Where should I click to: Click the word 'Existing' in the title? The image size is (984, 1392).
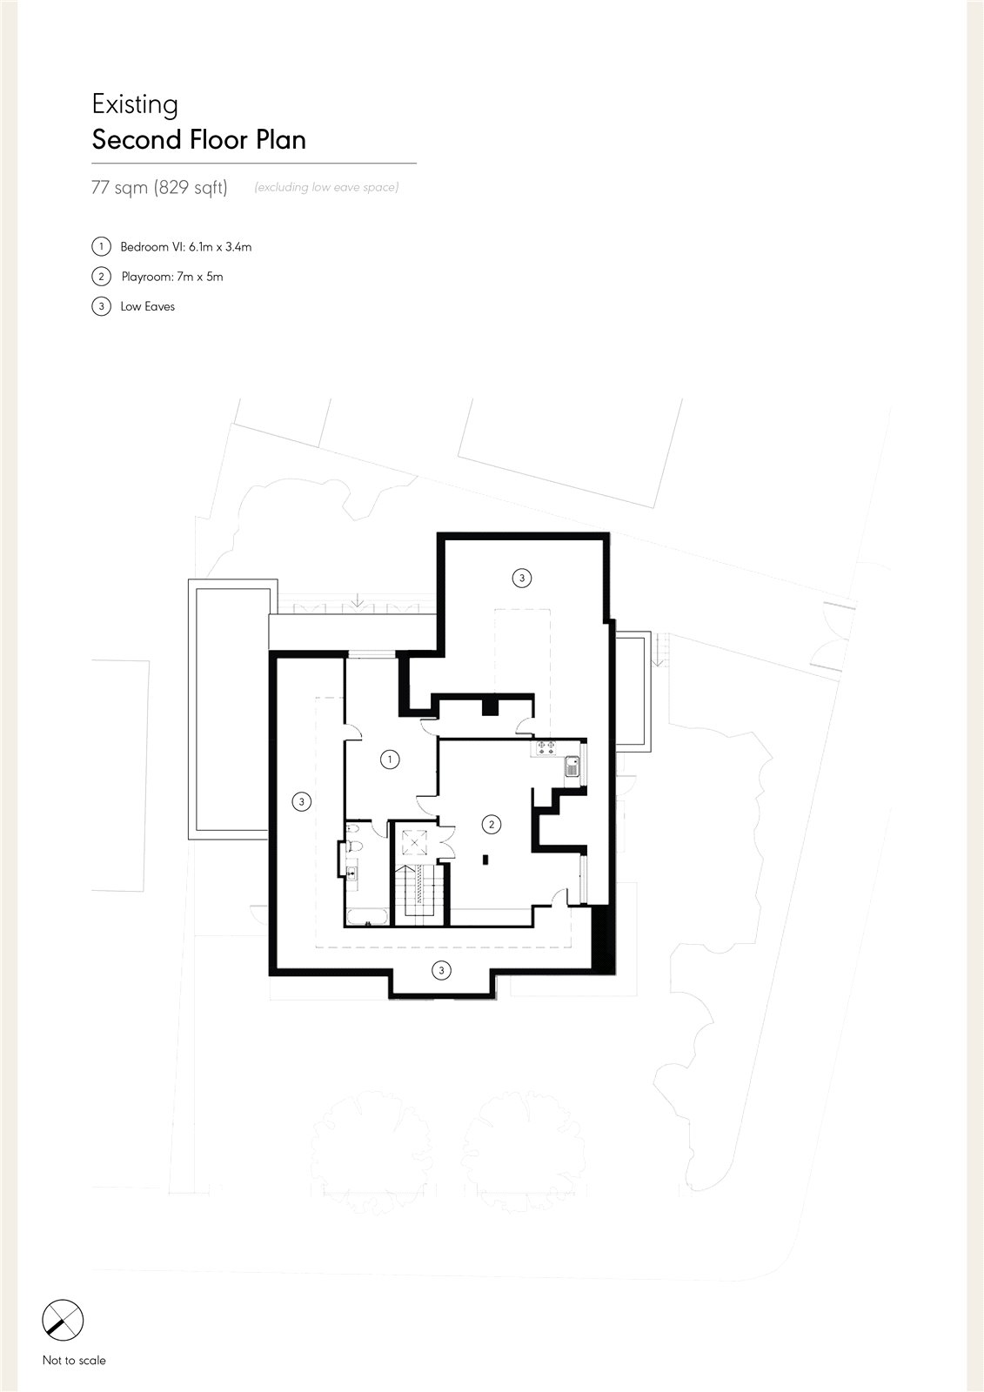(135, 104)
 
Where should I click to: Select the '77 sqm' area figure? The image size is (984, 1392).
(119, 187)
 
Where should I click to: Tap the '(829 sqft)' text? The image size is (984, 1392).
(191, 187)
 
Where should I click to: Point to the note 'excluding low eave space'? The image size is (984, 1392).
(326, 187)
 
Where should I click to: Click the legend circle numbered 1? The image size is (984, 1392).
(101, 247)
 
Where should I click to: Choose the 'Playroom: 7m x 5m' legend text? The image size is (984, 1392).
(172, 277)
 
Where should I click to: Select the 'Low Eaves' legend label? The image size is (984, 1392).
(148, 306)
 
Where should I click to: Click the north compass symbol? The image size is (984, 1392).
(63, 1320)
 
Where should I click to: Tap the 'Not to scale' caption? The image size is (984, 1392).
(74, 1361)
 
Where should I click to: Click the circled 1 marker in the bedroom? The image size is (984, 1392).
(390, 759)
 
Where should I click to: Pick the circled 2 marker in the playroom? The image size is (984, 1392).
(492, 824)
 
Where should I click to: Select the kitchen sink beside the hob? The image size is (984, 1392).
(572, 766)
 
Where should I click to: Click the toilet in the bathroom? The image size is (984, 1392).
(354, 847)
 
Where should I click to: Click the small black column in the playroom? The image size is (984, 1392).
(485, 860)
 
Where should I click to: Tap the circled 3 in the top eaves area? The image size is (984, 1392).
(521, 578)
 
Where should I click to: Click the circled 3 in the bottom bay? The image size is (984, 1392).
(441, 970)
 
